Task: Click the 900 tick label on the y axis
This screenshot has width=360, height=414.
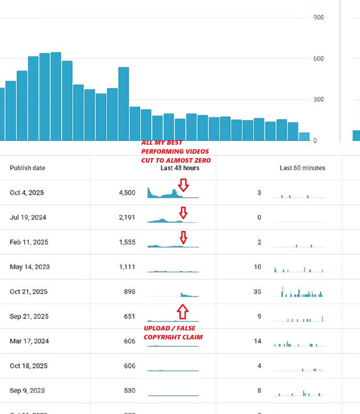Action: (x=319, y=18)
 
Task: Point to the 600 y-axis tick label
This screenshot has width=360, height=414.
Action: (x=319, y=58)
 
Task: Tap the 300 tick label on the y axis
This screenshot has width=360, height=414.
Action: (x=319, y=99)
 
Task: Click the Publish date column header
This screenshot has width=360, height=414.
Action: (x=27, y=168)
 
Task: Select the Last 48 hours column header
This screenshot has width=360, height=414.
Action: (x=180, y=168)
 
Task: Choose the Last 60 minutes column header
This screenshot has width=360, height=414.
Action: (x=303, y=168)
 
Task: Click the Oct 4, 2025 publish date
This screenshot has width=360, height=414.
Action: (x=27, y=193)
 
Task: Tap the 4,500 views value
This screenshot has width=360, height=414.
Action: (x=126, y=193)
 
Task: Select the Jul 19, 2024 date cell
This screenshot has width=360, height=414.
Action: (x=28, y=217)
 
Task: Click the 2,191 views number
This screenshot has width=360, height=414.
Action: (x=126, y=217)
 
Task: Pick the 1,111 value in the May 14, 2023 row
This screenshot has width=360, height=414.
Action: (x=126, y=267)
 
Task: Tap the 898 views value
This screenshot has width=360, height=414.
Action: (x=129, y=292)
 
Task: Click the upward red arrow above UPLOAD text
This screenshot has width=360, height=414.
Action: (x=182, y=312)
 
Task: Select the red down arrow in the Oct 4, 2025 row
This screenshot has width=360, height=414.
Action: (x=183, y=185)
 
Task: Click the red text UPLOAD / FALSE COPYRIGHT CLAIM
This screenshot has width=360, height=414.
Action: (x=172, y=333)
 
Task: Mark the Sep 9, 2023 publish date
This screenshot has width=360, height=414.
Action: (x=27, y=391)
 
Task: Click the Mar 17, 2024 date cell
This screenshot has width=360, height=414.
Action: (x=28, y=341)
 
